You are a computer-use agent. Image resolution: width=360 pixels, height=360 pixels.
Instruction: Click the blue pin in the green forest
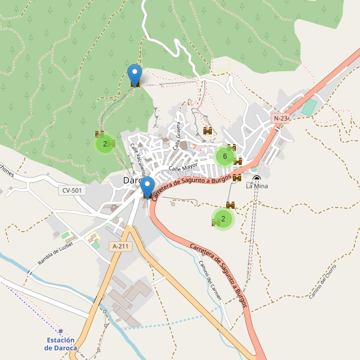[x=134, y=74]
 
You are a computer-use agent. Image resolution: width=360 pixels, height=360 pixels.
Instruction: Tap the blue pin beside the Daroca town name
[x=147, y=187]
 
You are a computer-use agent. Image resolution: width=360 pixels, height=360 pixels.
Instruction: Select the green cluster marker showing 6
[x=224, y=157]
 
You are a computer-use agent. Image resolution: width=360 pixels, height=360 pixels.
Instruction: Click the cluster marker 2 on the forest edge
[x=105, y=144]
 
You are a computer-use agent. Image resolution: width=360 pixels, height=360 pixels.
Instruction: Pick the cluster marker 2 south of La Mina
[x=223, y=219]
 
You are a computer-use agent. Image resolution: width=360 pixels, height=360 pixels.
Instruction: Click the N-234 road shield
[x=281, y=119]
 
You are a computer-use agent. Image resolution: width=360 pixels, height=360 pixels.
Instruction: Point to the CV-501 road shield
[x=72, y=191]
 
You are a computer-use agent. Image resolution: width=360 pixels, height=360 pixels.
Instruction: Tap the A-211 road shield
[x=121, y=246]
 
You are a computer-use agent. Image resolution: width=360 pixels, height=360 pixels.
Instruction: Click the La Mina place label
[x=257, y=186]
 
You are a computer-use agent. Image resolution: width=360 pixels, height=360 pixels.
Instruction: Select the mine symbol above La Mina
[x=257, y=178]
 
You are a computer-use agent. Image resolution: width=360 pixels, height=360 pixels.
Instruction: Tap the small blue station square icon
[x=61, y=331]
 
